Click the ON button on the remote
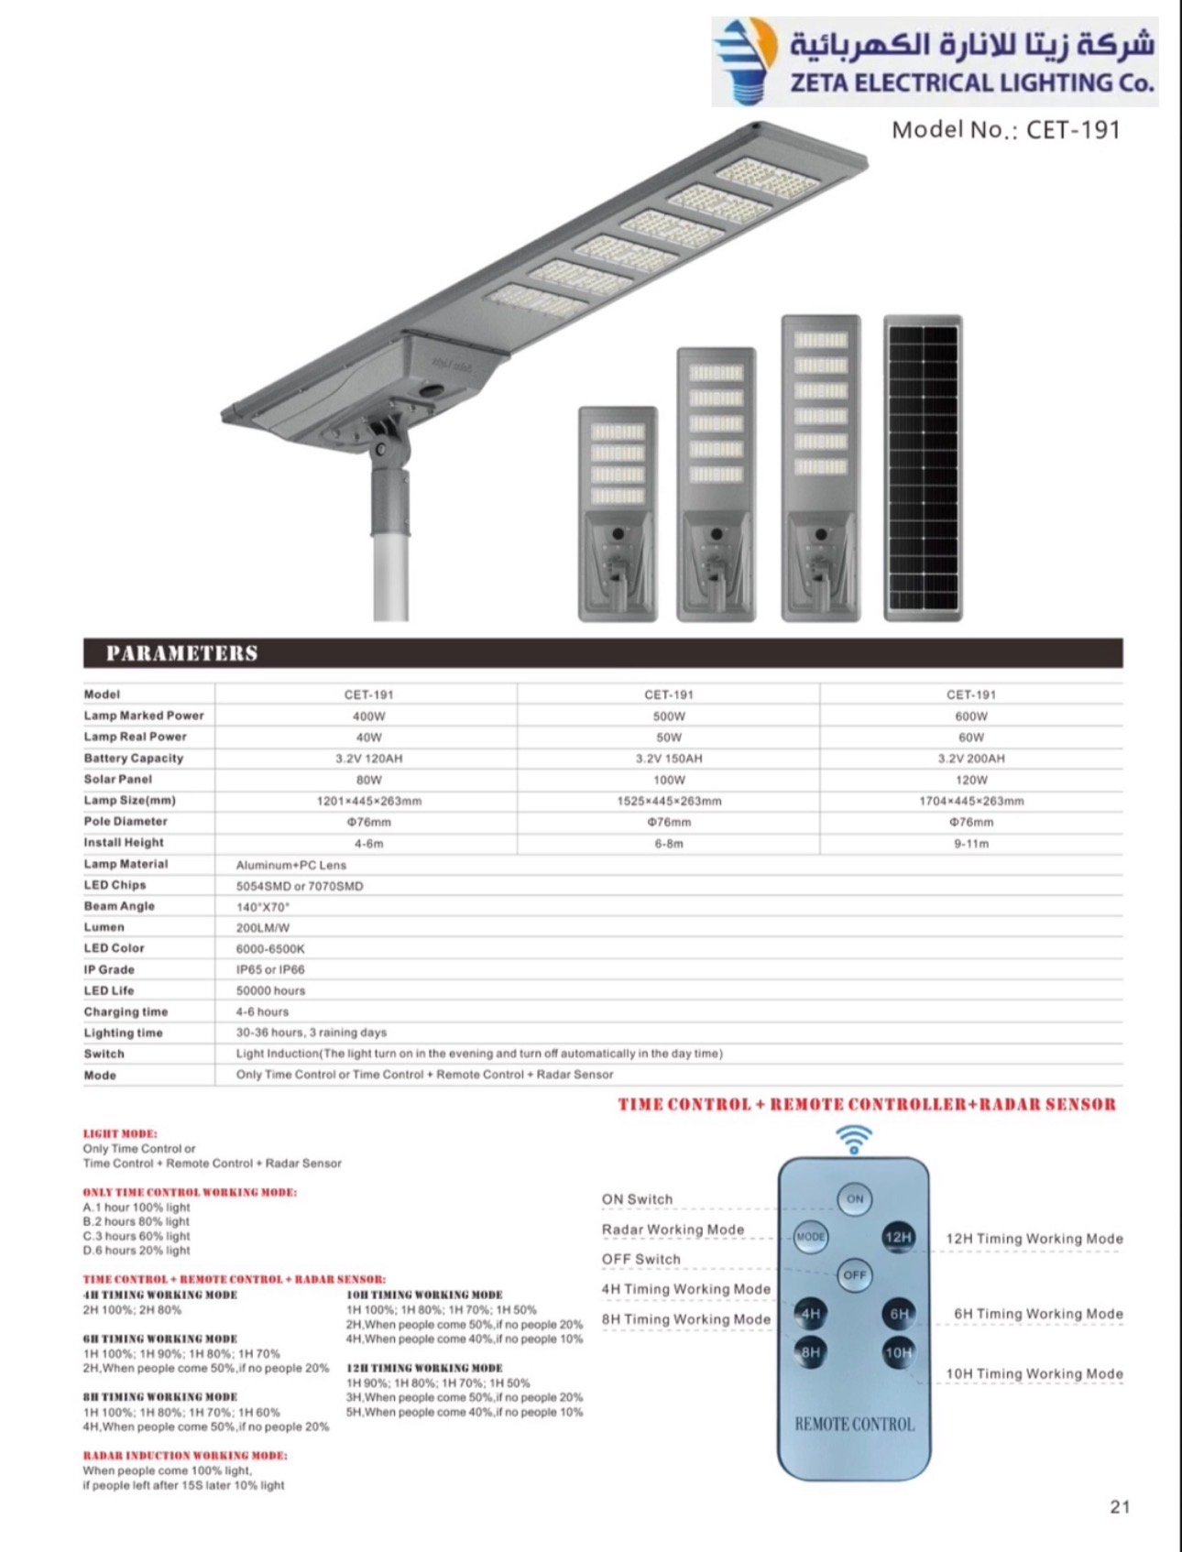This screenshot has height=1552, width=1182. point(855,1198)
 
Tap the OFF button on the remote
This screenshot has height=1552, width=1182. point(855,1275)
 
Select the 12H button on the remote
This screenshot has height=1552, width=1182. point(898,1237)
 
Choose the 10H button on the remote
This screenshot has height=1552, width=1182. point(899,1352)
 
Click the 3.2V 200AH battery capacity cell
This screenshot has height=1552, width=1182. point(971,759)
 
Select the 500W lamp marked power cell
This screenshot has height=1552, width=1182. point(669,716)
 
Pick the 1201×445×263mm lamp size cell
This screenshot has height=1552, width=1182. point(369,801)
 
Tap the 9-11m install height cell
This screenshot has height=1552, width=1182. point(971,843)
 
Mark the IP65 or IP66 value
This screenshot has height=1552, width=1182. point(270,969)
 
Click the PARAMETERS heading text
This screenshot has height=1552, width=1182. point(181,653)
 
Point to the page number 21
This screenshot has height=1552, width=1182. point(1120,1507)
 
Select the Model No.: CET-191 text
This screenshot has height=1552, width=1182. point(1006,130)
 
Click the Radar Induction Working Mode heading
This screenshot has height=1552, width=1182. point(185,1455)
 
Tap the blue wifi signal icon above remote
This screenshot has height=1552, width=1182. point(854,1140)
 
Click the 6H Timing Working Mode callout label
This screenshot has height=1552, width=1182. point(1038,1314)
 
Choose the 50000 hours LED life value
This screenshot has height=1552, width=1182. point(270,990)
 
